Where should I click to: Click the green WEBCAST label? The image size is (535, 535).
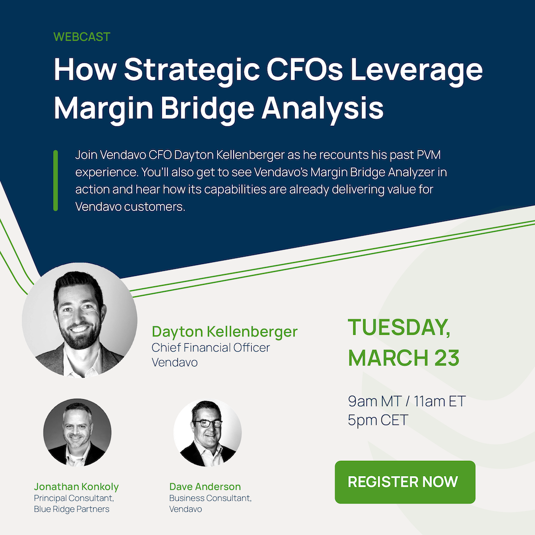coord(82,37)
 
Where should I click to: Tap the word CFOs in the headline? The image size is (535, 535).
coord(304,69)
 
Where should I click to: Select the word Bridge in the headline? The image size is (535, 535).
coord(208,108)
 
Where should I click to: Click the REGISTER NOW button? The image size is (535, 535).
coord(405,482)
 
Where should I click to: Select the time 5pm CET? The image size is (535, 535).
coord(377,420)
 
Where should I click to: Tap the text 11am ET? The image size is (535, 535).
coord(439,401)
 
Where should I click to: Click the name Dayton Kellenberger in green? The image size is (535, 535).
coord(224,331)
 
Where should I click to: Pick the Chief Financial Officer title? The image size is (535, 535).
coord(211,348)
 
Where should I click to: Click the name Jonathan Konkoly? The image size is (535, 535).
coord(76,486)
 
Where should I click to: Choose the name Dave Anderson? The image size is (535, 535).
coord(205,486)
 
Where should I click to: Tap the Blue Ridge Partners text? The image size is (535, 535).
coord(72,509)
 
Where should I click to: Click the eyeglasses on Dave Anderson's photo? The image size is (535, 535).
coord(208,424)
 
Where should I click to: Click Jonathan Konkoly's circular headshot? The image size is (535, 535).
coord(77,432)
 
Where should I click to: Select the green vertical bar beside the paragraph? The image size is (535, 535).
coord(55,180)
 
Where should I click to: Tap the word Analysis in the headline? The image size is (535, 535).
coord(323,108)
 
